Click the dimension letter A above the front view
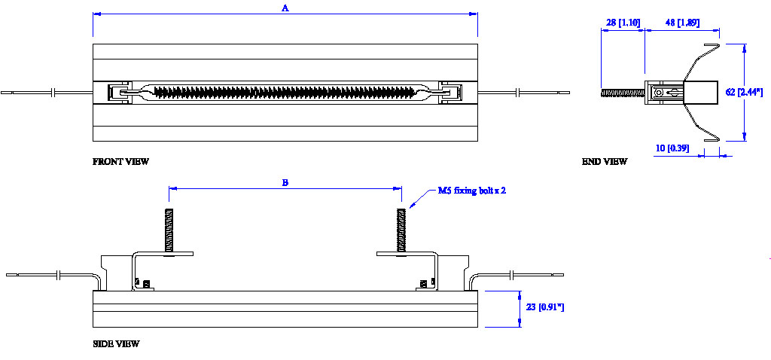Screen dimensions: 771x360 coord(285,8)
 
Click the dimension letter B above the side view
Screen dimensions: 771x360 coord(285,182)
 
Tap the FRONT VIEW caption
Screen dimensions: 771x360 coord(120,161)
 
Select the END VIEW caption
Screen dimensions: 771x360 coord(605,161)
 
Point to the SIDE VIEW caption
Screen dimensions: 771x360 coord(116,343)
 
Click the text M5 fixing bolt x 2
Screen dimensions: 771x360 coord(472,191)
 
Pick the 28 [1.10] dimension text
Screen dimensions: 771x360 coord(622,23)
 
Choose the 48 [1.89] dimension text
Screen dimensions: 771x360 coord(681,23)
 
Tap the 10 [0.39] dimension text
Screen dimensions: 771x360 coord(672,148)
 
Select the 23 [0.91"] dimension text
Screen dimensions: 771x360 coord(544,307)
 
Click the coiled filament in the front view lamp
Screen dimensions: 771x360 coord(284,91)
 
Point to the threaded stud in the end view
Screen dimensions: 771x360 coord(623,92)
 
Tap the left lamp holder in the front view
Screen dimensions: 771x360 coord(118,92)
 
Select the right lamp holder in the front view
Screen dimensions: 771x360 coord(450,92)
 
